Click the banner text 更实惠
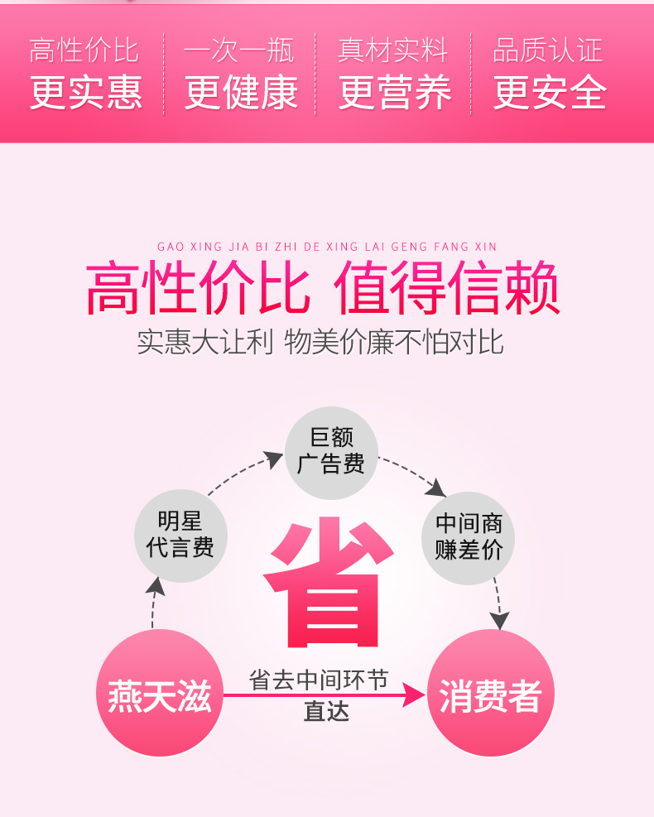pyautogui.click(x=86, y=93)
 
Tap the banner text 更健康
pyautogui.click(x=240, y=93)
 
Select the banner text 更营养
pyautogui.click(x=395, y=93)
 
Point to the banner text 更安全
pyautogui.click(x=550, y=93)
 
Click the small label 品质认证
pyautogui.click(x=547, y=50)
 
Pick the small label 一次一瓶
pyautogui.click(x=238, y=50)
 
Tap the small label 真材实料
pyautogui.click(x=393, y=50)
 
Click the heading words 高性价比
pyautogui.click(x=199, y=289)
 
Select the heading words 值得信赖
pyautogui.click(x=447, y=289)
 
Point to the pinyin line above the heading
pyautogui.click(x=327, y=247)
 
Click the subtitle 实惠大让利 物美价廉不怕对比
pyautogui.click(x=320, y=342)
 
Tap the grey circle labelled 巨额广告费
pyautogui.click(x=331, y=452)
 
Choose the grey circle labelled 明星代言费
pyautogui.click(x=180, y=535)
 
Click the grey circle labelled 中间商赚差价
pyautogui.click(x=469, y=536)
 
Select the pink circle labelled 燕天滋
pyautogui.click(x=160, y=693)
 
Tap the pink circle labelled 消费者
pyautogui.click(x=490, y=693)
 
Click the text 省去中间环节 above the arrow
pyautogui.click(x=319, y=680)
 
